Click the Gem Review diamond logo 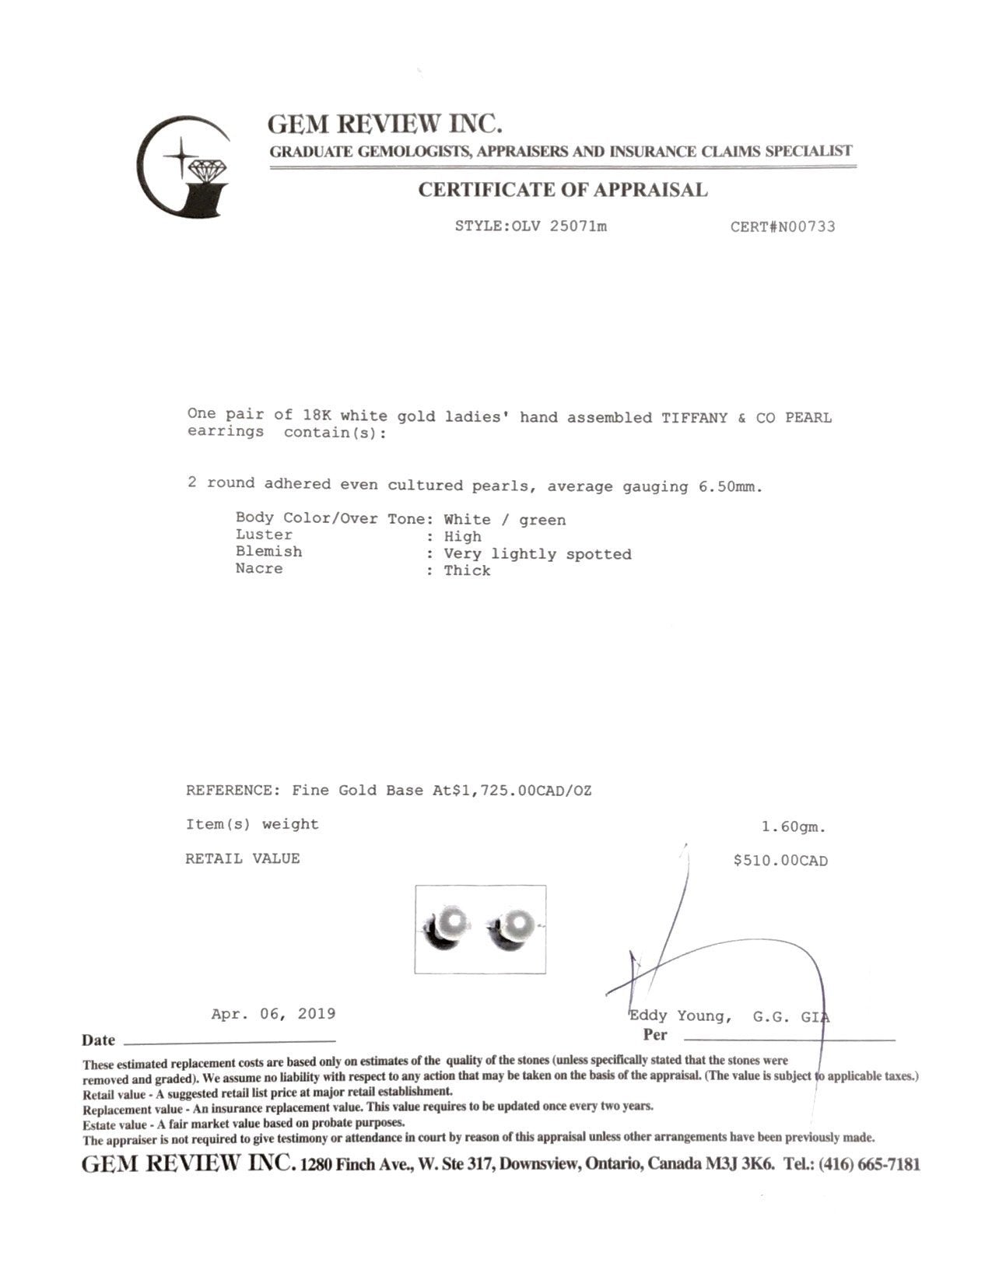[184, 167]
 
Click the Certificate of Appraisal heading [563, 190]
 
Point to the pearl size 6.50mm [731, 487]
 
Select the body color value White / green [505, 520]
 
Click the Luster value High [462, 536]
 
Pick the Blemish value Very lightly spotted [538, 554]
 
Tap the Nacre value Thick [467, 570]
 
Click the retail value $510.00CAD [780, 861]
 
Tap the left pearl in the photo [451, 926]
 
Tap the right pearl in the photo [513, 926]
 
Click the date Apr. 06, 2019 [273, 1014]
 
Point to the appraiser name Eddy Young [679, 1016]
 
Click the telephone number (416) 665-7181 [869, 1165]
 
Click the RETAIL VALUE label [242, 858]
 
